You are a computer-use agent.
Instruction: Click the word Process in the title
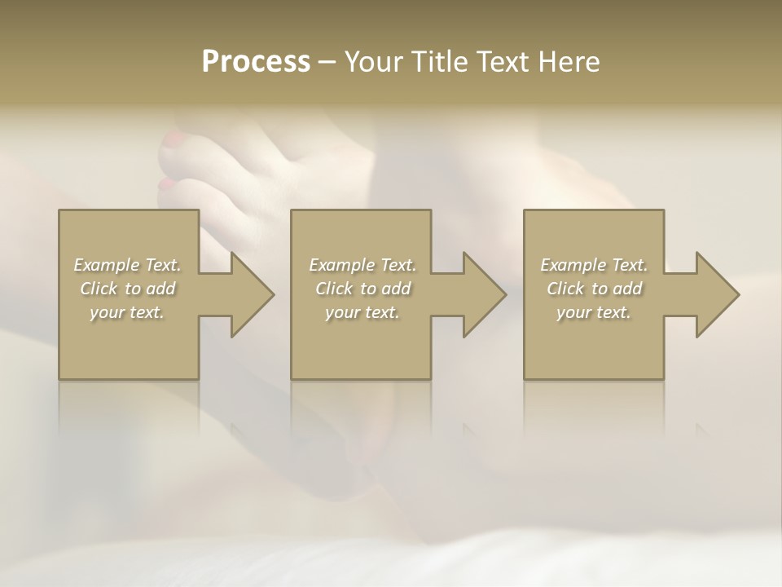click(256, 62)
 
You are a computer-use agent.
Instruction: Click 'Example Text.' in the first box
click(127, 265)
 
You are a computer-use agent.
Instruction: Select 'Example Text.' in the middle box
click(362, 265)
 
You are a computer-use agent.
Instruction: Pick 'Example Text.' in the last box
click(594, 265)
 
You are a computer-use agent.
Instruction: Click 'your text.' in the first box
click(127, 312)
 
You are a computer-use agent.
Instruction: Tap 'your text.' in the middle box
click(362, 312)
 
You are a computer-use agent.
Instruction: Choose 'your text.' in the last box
click(594, 312)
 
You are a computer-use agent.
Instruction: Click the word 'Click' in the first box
click(99, 289)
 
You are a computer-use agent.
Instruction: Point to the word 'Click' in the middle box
click(334, 289)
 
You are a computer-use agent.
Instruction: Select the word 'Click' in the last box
click(565, 289)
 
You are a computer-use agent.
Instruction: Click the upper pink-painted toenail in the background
click(174, 139)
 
